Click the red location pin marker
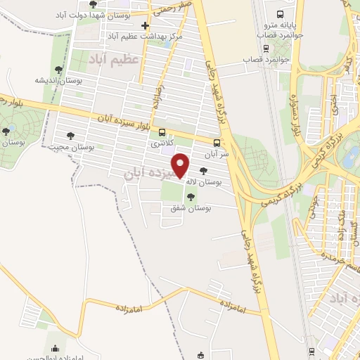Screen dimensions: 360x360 tap(181, 165)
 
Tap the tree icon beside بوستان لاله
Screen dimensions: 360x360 tap(204, 170)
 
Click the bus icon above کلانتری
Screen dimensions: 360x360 tap(162, 132)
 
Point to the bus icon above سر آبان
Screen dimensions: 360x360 tap(217, 141)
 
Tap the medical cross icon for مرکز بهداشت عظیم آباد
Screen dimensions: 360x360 tap(145, 26)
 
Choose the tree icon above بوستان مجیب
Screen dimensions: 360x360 tap(70, 136)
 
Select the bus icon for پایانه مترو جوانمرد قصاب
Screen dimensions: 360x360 tap(281, 15)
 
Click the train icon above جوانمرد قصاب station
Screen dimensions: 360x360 tap(265, 49)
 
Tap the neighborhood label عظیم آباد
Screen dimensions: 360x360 tap(115, 61)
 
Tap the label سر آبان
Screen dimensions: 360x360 tap(216, 152)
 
